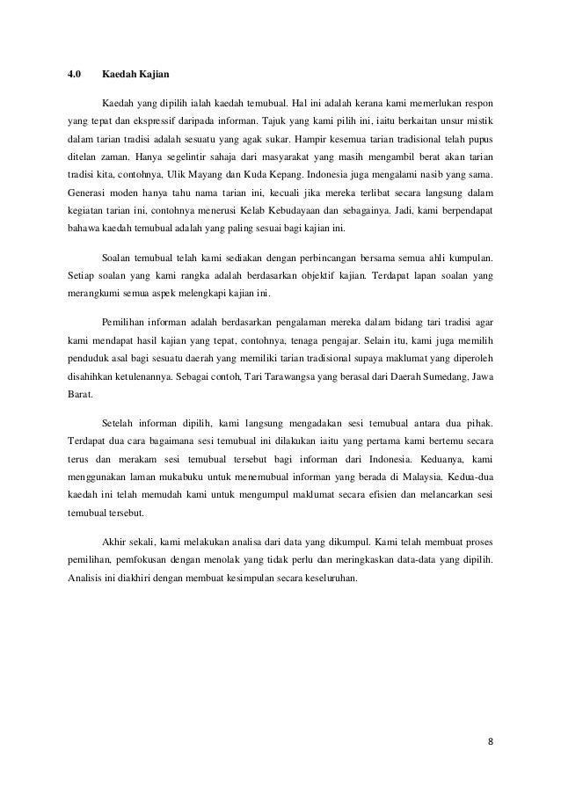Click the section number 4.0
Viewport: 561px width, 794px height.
tap(75, 75)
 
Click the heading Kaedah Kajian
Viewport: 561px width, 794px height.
tap(131, 75)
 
